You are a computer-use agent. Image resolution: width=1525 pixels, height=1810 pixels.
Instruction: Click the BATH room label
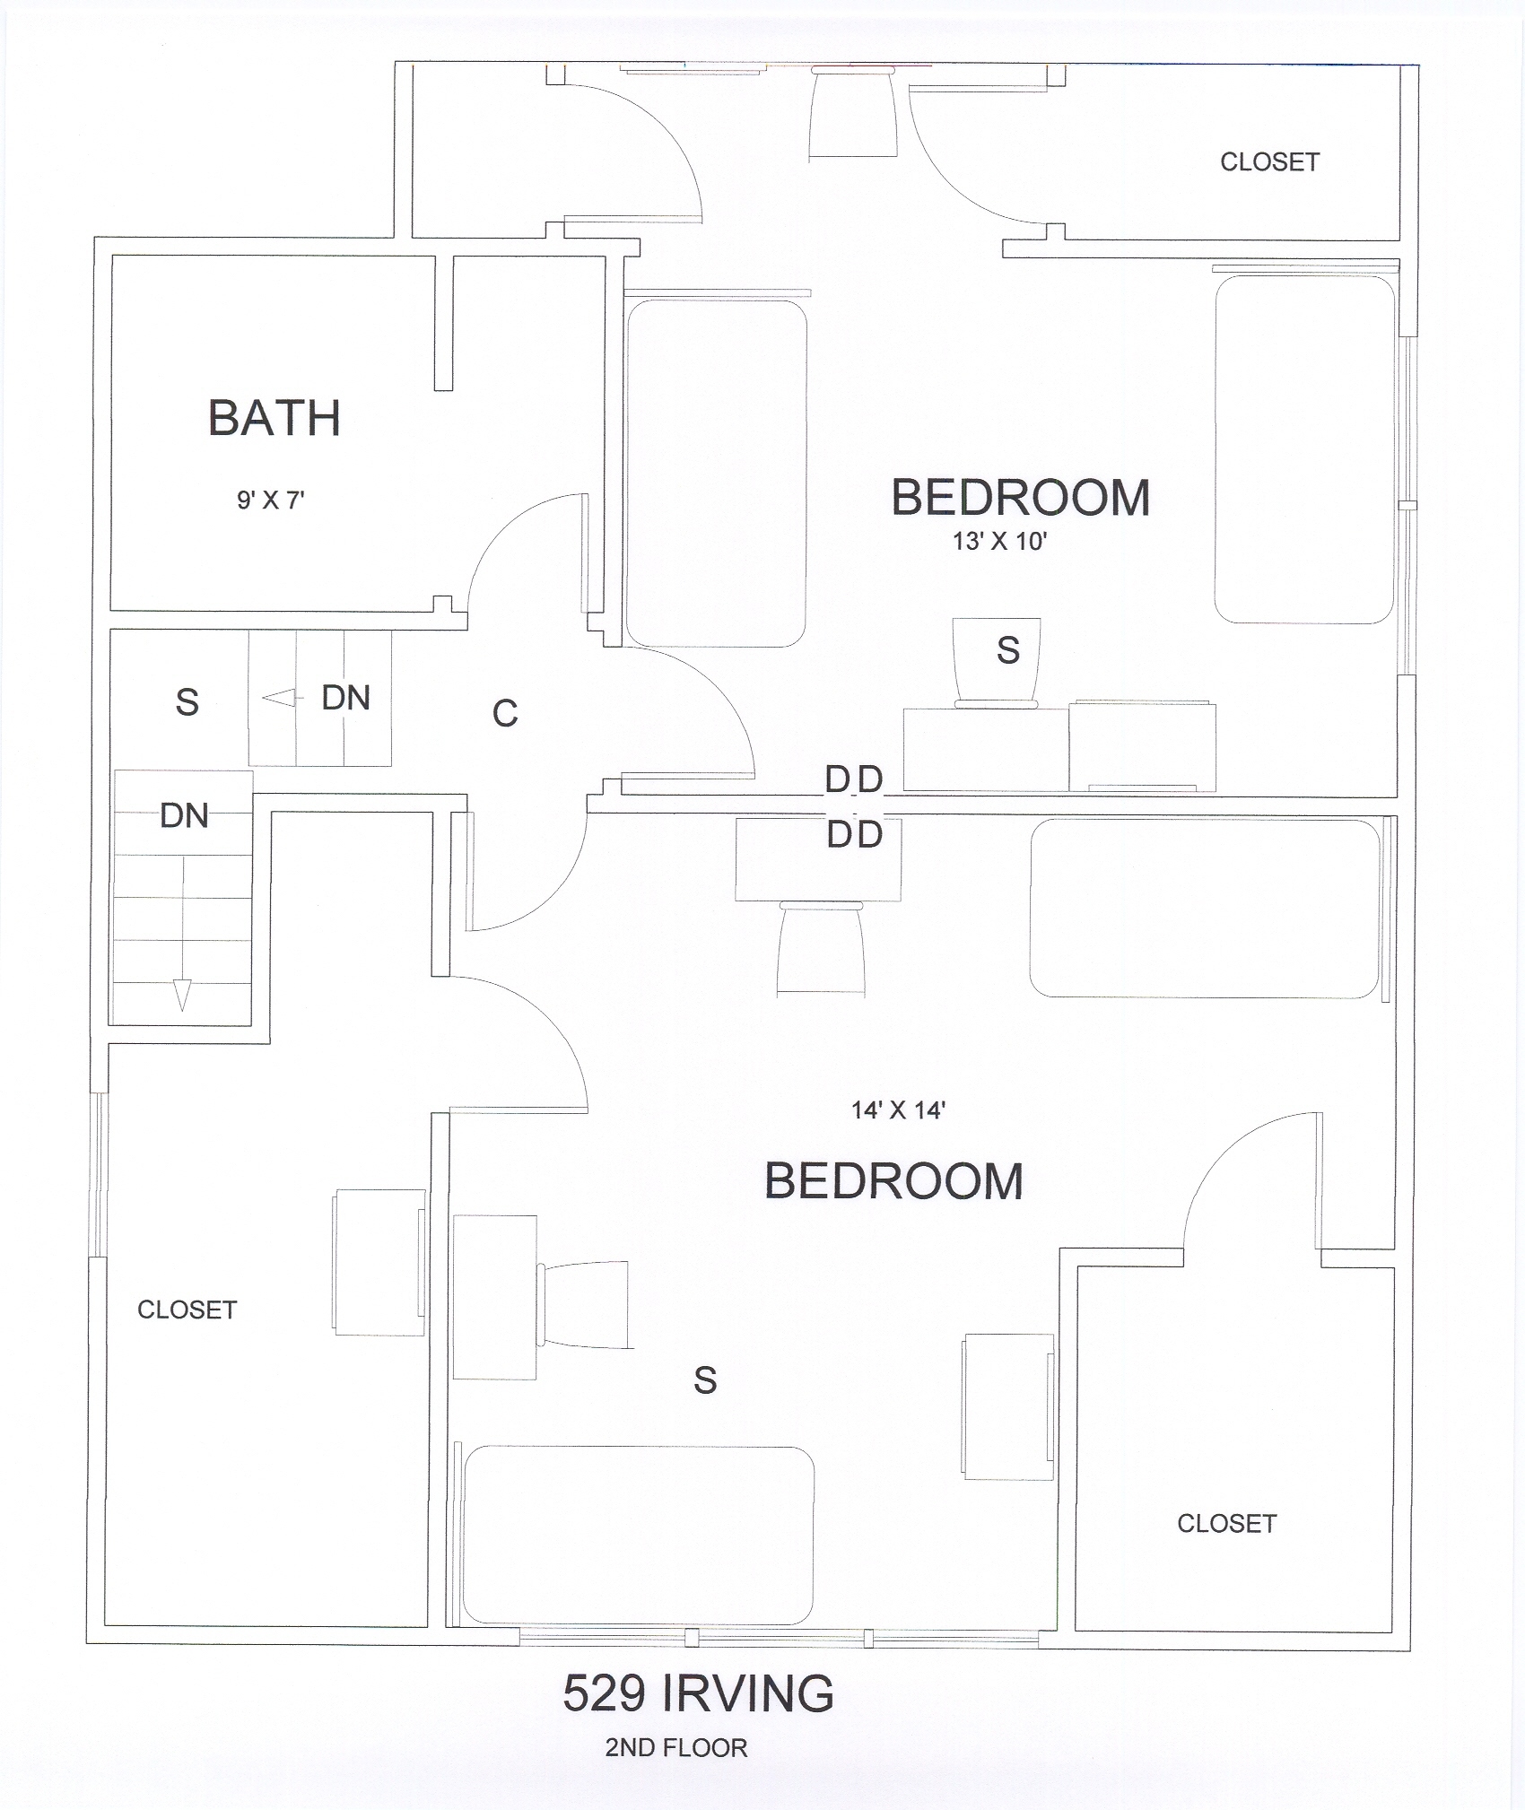pyautogui.click(x=274, y=418)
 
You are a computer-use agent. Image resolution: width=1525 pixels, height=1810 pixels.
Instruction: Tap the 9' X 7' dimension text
pyautogui.click(x=271, y=500)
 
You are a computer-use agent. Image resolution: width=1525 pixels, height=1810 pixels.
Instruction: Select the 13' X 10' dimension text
pyautogui.click(x=999, y=541)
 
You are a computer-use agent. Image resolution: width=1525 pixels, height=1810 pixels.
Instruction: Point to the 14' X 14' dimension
pyautogui.click(x=899, y=1109)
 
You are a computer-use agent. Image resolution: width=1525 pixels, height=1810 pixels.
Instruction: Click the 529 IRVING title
pyautogui.click(x=699, y=1694)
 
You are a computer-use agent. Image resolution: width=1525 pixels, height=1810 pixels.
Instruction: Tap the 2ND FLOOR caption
pyautogui.click(x=676, y=1747)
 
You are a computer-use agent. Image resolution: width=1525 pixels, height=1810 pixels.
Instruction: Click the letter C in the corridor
pyautogui.click(x=505, y=713)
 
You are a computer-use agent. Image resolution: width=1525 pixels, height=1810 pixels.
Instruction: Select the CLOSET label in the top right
pyautogui.click(x=1269, y=162)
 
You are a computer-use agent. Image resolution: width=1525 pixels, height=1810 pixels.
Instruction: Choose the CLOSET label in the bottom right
pyautogui.click(x=1226, y=1523)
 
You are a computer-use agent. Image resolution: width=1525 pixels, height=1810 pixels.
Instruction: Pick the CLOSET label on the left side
pyautogui.click(x=187, y=1310)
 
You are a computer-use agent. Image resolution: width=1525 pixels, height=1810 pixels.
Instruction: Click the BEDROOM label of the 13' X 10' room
pyautogui.click(x=1021, y=498)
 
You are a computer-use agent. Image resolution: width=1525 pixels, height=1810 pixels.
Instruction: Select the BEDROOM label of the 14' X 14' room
pyautogui.click(x=893, y=1181)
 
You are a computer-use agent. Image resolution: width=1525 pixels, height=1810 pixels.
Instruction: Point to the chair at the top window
pyautogui.click(x=853, y=115)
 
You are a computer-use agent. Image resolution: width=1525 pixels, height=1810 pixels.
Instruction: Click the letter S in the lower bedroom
pyautogui.click(x=705, y=1379)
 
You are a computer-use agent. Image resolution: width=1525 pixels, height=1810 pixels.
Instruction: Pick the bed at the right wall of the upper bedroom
pyautogui.click(x=1304, y=449)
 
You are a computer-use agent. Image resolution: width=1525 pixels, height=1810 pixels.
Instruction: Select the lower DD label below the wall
pyautogui.click(x=855, y=835)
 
